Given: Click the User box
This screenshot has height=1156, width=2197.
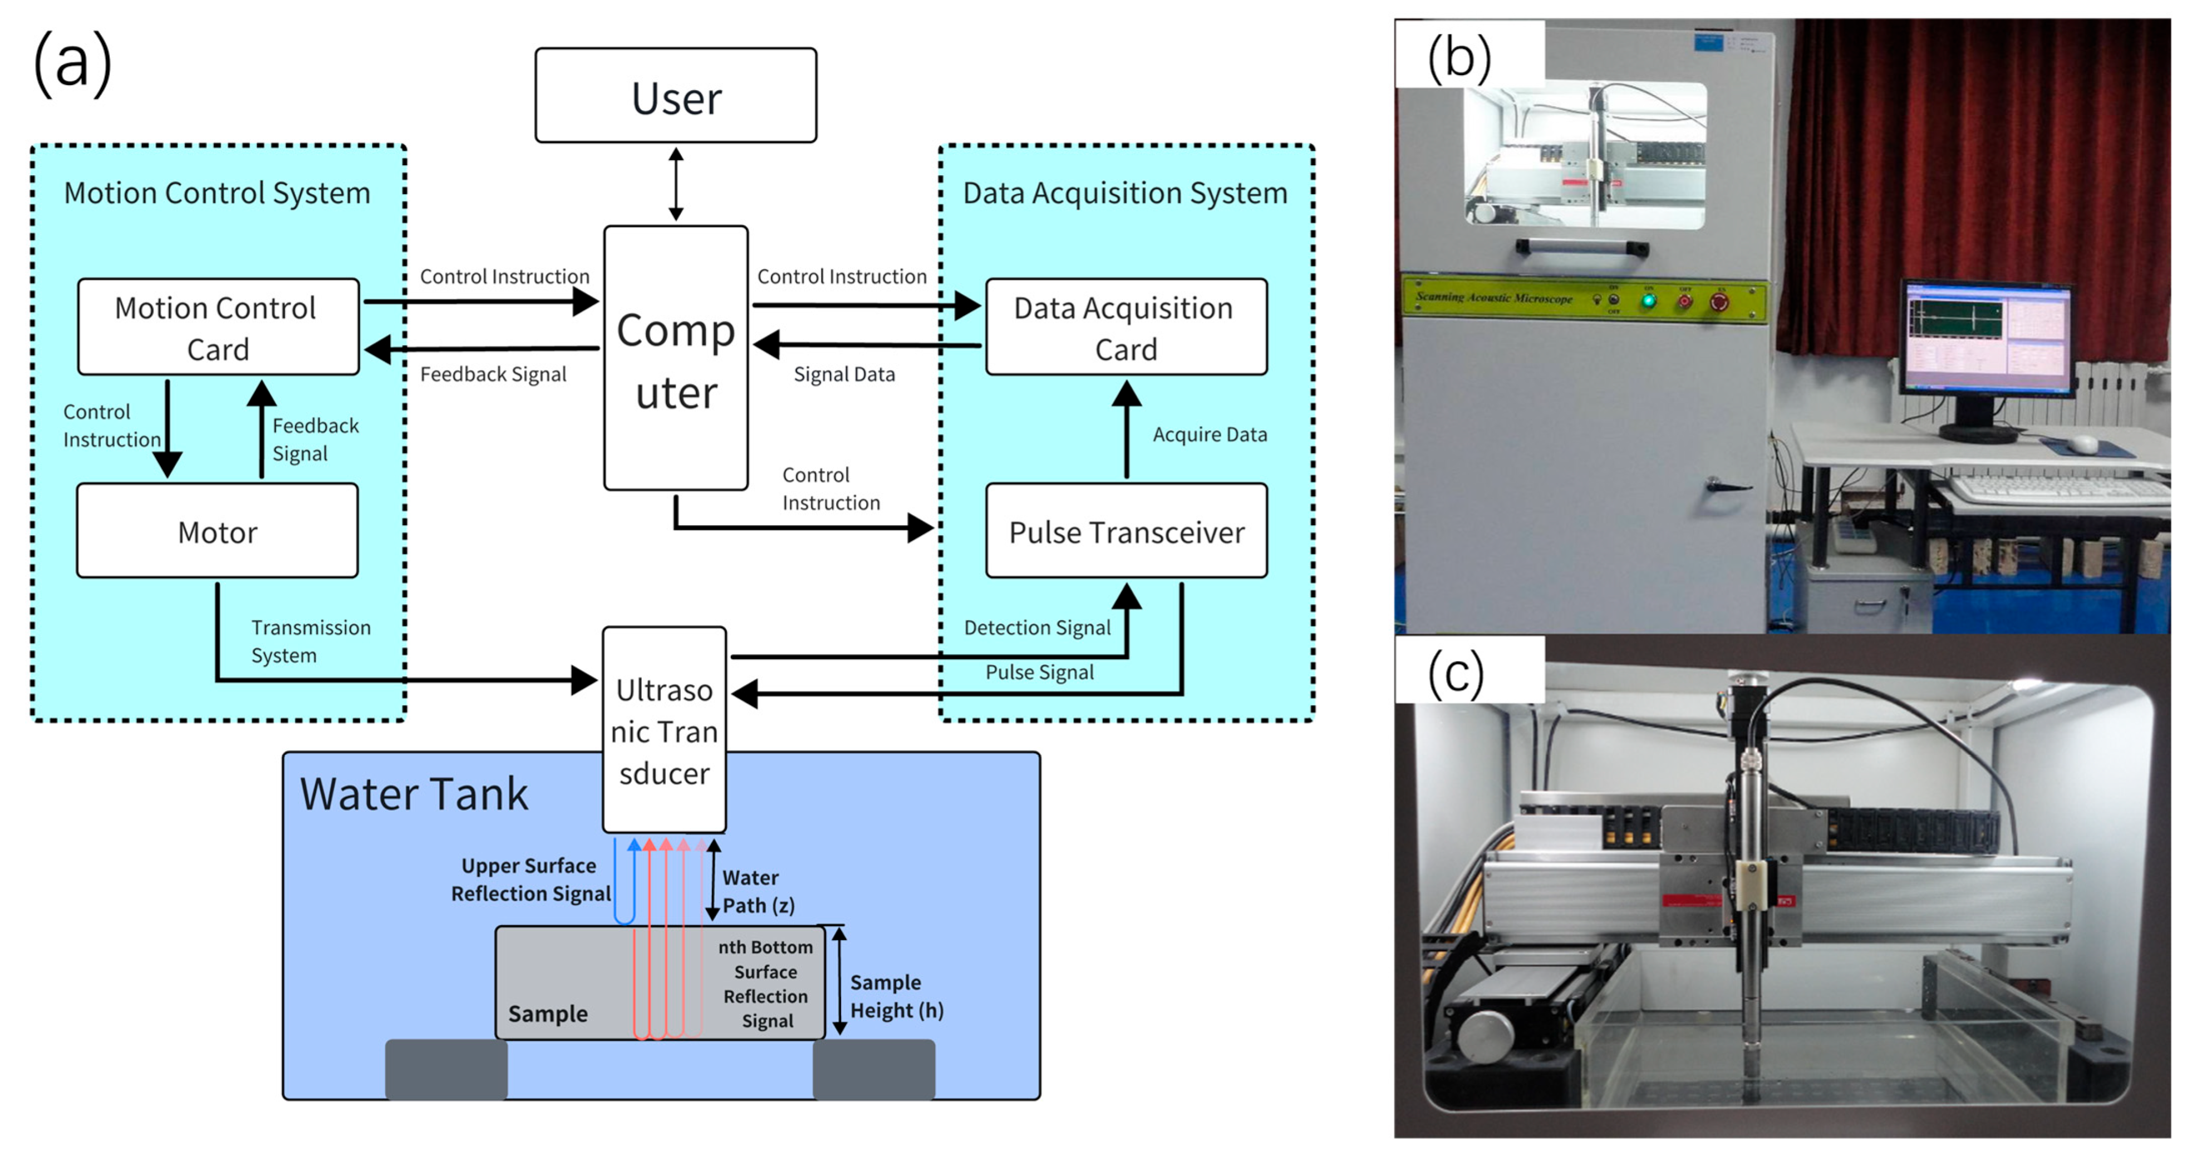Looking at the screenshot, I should click(676, 96).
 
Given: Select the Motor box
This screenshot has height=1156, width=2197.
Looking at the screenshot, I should click(218, 531).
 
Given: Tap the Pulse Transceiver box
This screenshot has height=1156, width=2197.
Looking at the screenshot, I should click(1126, 531).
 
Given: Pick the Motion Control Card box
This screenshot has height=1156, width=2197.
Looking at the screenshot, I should click(218, 327).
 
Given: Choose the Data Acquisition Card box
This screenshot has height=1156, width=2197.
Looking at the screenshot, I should click(1126, 327).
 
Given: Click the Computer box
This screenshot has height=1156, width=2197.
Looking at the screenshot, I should click(676, 358).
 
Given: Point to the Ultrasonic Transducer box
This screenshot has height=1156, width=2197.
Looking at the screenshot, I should click(665, 730).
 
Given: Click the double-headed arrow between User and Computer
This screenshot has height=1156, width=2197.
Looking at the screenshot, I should click(676, 184).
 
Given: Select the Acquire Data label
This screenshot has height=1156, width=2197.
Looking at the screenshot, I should click(1210, 435).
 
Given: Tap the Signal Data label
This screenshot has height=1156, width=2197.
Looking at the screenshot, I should click(844, 374).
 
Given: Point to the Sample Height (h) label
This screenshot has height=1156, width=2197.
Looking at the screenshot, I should click(896, 996).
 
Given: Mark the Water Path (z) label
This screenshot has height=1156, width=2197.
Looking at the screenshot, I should click(758, 892).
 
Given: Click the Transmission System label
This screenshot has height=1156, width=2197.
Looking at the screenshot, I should click(311, 641).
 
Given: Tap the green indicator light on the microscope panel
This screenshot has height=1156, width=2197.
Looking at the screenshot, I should click(1649, 300).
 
